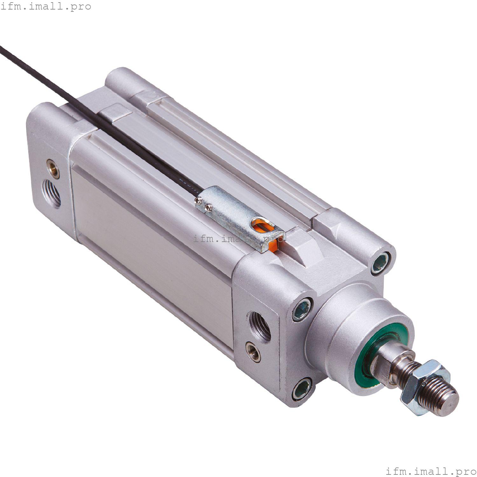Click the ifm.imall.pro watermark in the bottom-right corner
(x=431, y=470)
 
